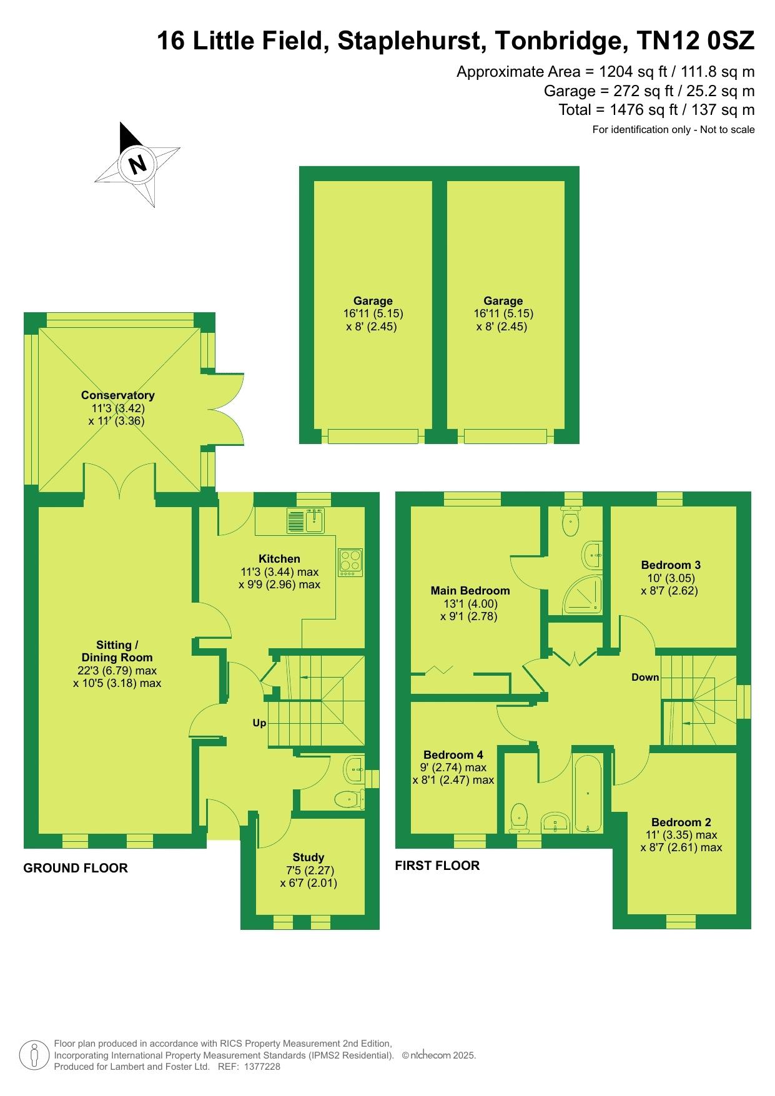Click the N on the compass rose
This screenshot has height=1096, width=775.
point(137,164)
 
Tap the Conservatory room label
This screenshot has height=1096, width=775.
point(117,395)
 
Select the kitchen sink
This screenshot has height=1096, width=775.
point(305,521)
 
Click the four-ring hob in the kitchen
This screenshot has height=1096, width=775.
point(350,562)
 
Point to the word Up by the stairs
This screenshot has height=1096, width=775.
point(259,723)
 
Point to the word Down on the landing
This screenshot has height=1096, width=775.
point(645,677)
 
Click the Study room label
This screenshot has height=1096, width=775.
point(309,857)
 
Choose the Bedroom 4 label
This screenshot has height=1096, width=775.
point(453,755)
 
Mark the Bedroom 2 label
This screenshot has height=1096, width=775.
point(681,822)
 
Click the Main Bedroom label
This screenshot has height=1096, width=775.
point(470,591)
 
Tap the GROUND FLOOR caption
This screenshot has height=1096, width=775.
point(76,868)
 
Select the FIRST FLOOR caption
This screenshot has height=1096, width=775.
point(437,866)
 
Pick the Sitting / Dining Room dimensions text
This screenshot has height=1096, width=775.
point(117,677)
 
